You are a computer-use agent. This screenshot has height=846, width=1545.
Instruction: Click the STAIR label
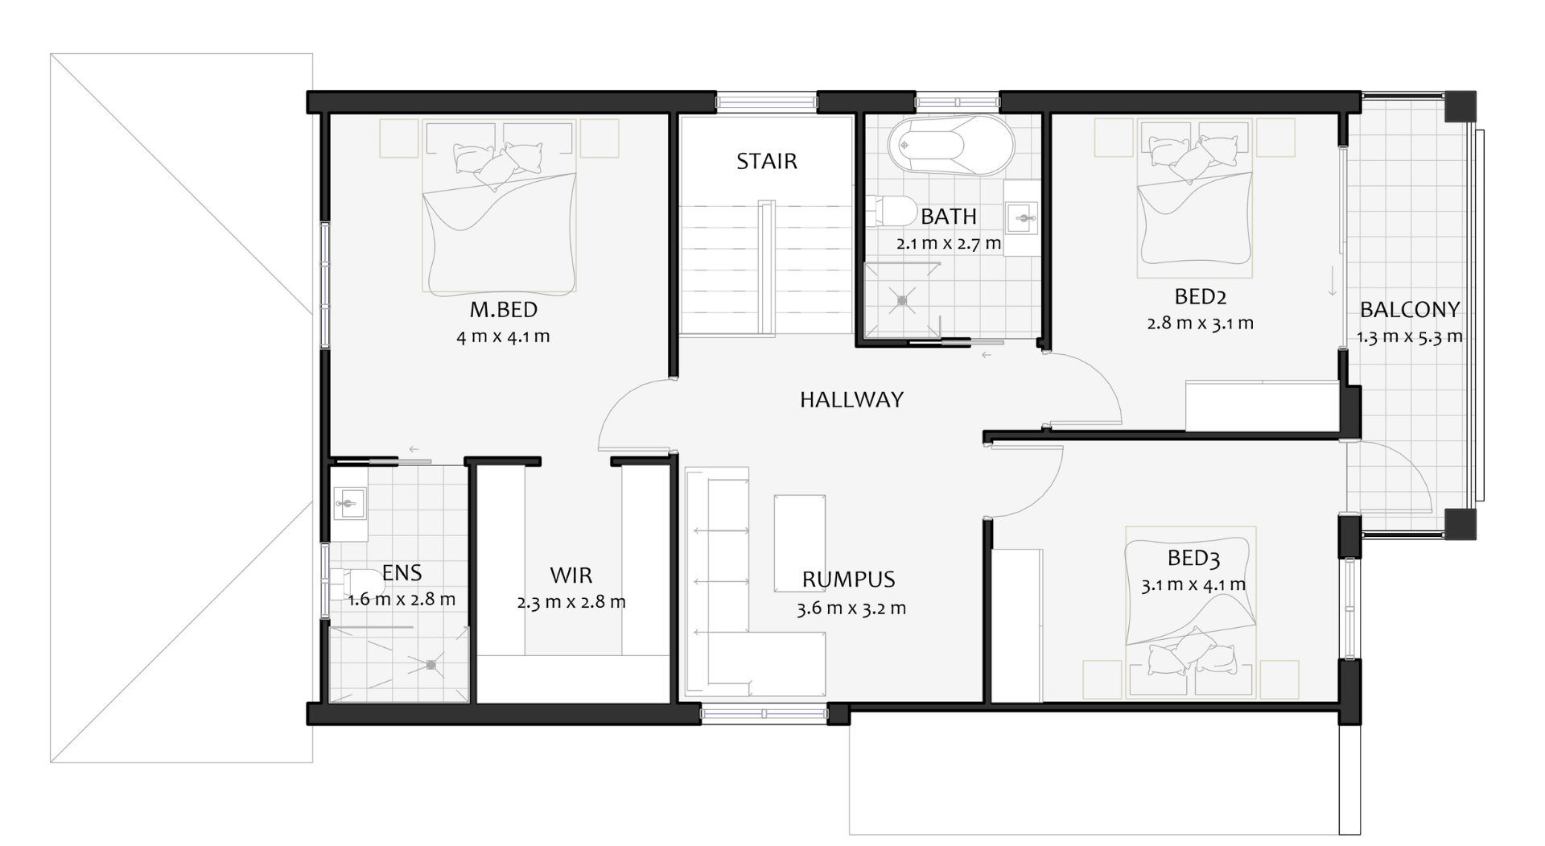tap(767, 161)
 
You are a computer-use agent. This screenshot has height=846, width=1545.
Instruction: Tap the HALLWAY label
tap(851, 399)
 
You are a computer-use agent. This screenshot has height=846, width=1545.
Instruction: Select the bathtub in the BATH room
tap(950, 145)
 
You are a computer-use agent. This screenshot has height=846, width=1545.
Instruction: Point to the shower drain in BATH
tap(902, 300)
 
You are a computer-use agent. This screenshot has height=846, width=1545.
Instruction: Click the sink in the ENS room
tap(349, 505)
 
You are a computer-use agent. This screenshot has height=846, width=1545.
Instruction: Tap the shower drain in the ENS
tap(431, 665)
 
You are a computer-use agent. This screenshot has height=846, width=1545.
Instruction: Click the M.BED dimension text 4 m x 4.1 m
tap(503, 336)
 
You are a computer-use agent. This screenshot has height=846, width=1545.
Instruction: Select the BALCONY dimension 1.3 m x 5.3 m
tap(1410, 336)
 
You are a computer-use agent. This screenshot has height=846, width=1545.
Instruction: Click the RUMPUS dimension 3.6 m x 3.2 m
tap(851, 608)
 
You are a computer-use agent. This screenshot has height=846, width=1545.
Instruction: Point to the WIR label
tap(571, 575)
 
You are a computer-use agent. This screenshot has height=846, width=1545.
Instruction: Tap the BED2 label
tap(1201, 296)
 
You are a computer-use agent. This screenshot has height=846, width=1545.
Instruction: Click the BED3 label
tap(1193, 558)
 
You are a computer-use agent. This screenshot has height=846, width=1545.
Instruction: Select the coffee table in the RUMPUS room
tap(799, 543)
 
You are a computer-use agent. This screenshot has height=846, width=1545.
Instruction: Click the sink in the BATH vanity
tap(1024, 217)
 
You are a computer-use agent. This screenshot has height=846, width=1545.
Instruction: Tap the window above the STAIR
tap(767, 102)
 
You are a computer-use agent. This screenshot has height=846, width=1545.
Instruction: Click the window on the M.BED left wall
tap(325, 285)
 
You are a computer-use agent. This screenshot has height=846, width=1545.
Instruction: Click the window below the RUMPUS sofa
tap(764, 713)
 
